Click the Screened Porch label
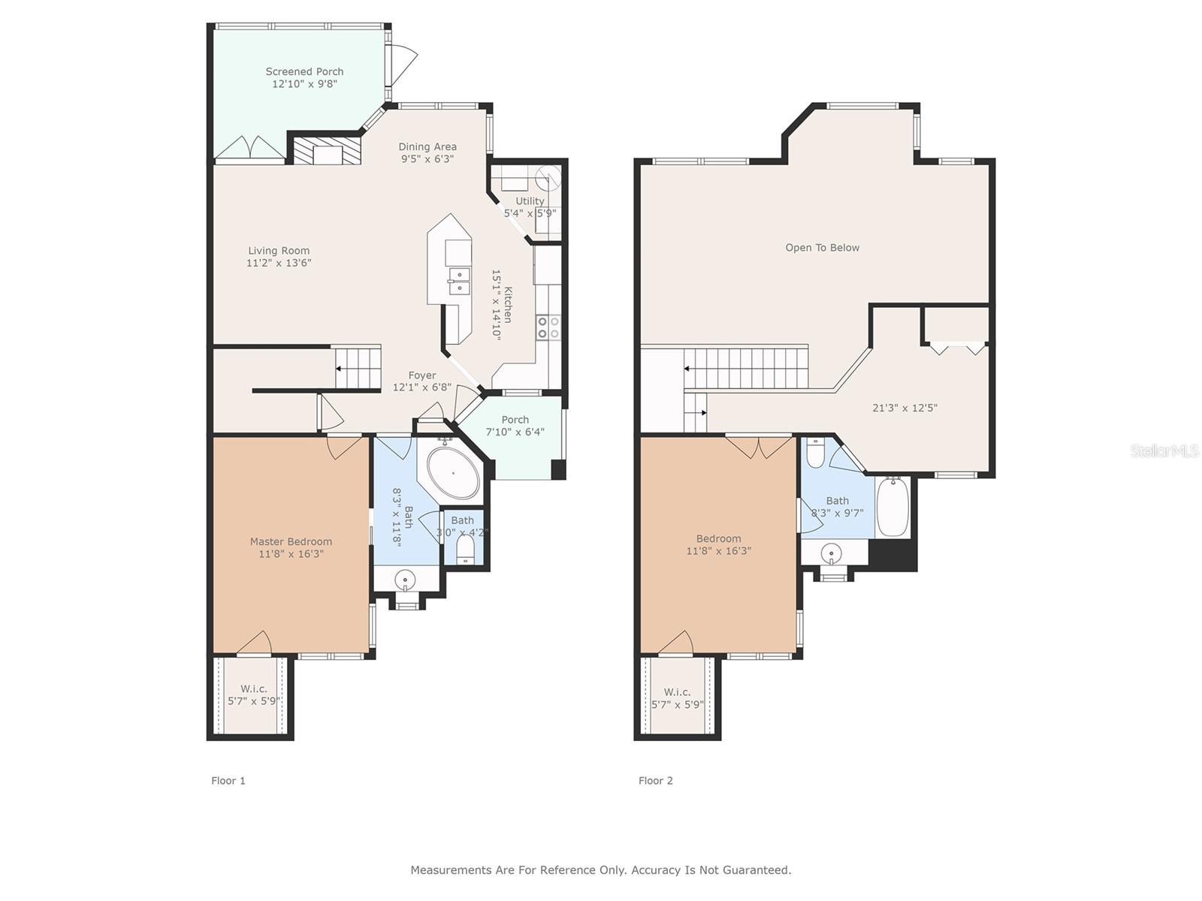[304, 71]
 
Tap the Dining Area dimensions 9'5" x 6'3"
[427, 159]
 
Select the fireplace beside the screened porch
[328, 150]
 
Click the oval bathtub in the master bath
[453, 474]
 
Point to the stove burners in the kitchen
[548, 327]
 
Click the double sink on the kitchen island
[460, 281]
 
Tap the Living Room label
[279, 251]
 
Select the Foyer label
[422, 375]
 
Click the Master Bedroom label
[291, 541]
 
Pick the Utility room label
[530, 200]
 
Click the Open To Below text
[822, 248]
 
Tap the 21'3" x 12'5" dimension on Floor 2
[905, 408]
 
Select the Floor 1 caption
[228, 781]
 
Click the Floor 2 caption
[656, 781]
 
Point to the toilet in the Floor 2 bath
[815, 453]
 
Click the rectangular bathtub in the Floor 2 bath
[892, 506]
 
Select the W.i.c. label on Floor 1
[254, 689]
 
